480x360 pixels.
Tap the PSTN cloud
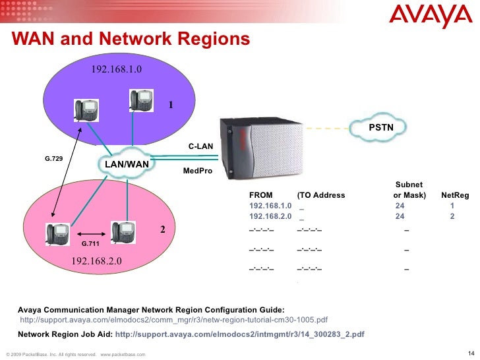380,127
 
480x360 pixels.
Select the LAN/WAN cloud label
127,163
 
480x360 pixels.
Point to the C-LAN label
200,146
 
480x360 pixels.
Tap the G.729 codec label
53,159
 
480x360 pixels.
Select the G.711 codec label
90,243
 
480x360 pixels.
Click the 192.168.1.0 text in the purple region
116,69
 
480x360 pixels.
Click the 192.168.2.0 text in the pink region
96,261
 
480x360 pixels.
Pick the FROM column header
260,195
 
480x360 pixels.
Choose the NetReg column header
455,195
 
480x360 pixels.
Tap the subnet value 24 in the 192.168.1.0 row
400,206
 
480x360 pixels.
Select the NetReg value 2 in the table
452,216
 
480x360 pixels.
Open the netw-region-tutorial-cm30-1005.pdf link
174,320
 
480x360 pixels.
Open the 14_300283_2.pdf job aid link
239,334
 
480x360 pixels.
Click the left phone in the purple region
86,109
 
